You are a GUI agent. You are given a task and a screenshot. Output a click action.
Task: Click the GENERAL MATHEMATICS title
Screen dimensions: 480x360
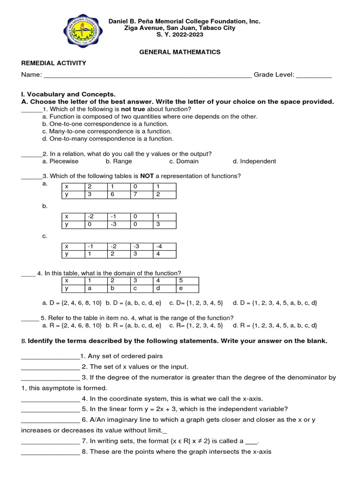click(180, 52)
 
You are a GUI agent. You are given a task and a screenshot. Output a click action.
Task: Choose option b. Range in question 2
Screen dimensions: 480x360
click(119, 161)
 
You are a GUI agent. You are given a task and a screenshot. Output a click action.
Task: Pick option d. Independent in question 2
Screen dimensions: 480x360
click(254, 161)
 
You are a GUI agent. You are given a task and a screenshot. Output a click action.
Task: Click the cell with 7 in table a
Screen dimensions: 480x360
click(142, 195)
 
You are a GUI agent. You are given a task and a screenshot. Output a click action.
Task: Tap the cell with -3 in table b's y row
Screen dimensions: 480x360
click(119, 225)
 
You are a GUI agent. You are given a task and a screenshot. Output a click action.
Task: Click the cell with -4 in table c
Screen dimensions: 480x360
click(164, 247)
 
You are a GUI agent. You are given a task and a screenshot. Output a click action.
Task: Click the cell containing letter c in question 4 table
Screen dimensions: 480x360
click(142, 289)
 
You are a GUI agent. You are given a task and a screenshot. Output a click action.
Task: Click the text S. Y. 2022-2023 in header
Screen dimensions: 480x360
click(180, 35)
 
